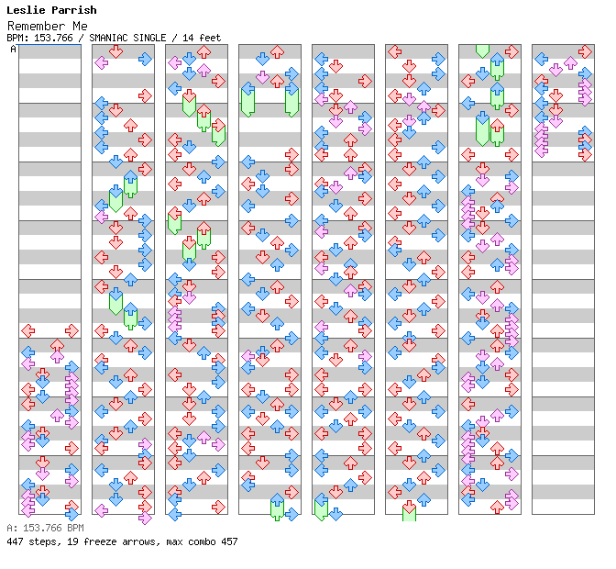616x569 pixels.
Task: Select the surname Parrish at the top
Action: point(72,11)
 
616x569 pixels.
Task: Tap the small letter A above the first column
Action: point(14,50)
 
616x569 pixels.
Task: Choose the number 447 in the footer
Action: point(15,541)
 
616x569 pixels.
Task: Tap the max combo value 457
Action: point(227,541)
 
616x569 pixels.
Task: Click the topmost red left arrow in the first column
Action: point(28,330)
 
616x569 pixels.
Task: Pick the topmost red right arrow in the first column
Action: point(71,330)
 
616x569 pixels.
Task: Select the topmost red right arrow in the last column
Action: point(585,52)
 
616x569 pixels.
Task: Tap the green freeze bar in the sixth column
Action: point(409,511)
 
